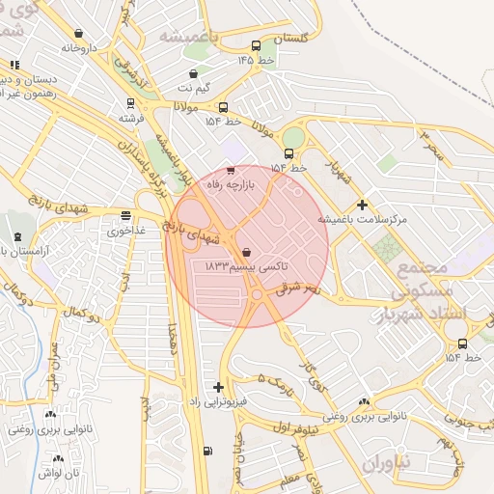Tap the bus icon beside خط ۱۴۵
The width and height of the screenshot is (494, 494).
click(256, 45)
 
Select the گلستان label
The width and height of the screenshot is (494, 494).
click(297, 39)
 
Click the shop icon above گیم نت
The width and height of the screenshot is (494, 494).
click(194, 73)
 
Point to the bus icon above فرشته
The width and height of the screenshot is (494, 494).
click(130, 103)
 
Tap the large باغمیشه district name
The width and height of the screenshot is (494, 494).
click(189, 36)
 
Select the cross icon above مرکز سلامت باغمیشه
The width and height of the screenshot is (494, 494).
click(362, 205)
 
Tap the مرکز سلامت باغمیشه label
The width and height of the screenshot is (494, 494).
click(368, 220)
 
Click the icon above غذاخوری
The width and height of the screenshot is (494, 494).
click(126, 215)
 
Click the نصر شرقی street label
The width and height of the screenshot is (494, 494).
click(296, 287)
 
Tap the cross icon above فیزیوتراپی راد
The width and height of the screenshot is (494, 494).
click(218, 387)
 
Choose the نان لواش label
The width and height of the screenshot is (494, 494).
click(58, 473)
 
